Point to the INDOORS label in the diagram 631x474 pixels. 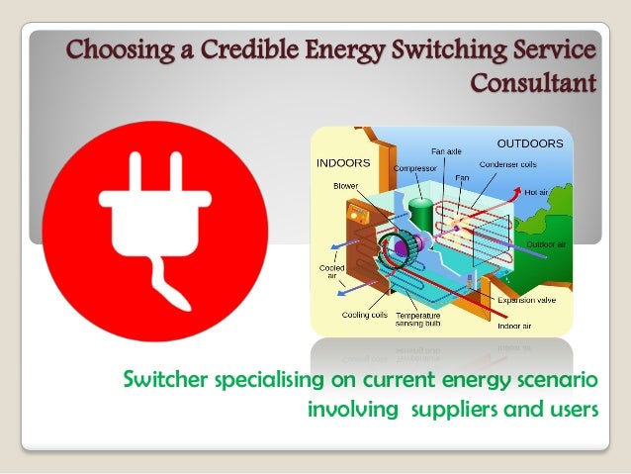[x=343, y=161]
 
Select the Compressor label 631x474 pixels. [x=415, y=168]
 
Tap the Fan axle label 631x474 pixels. [x=446, y=151]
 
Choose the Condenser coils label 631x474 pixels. [x=508, y=164]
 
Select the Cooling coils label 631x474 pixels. [x=364, y=314]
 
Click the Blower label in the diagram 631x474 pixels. [x=346, y=184]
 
